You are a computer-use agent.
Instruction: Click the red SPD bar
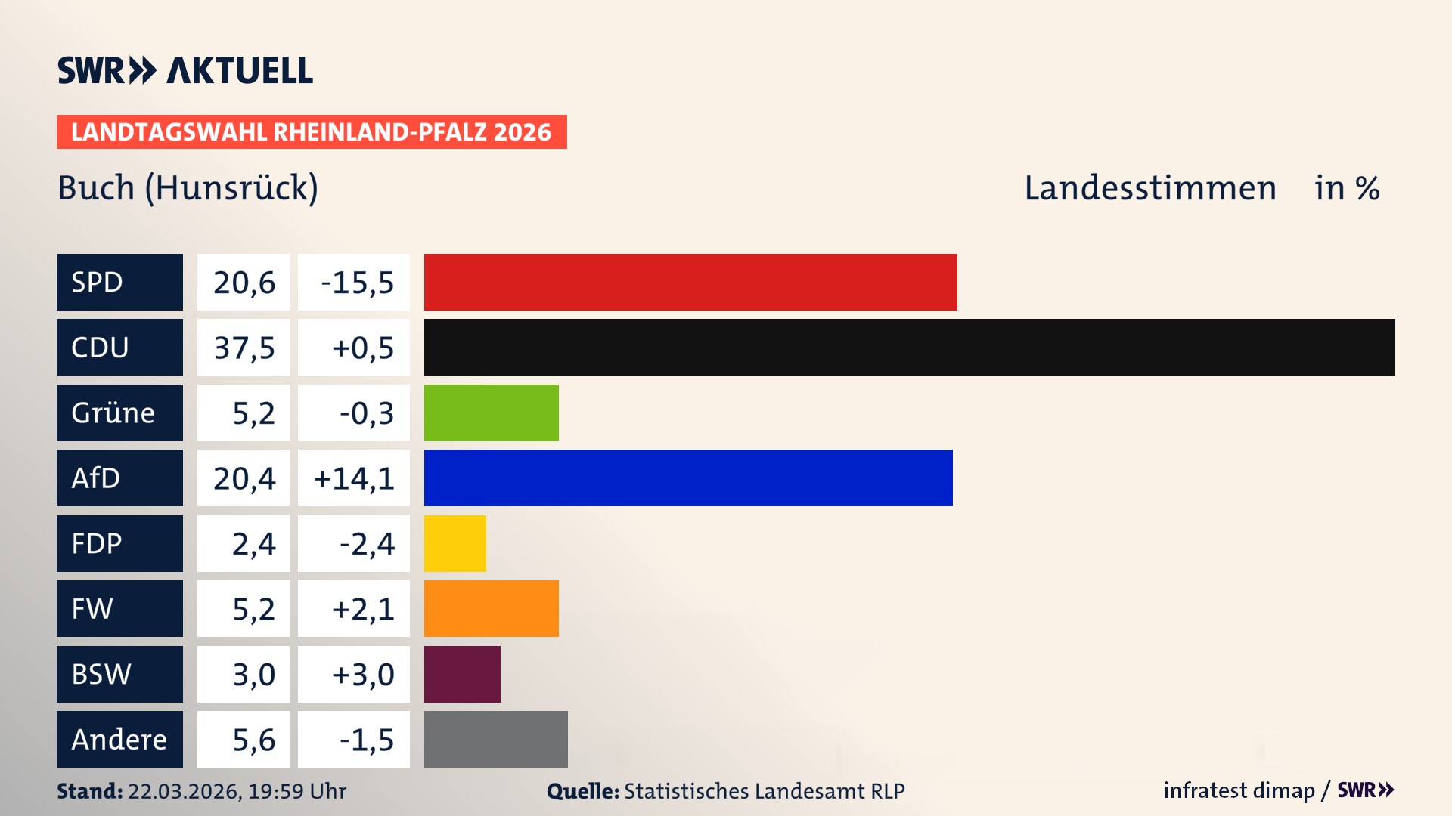[x=690, y=282]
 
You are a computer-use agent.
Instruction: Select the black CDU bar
[x=909, y=347]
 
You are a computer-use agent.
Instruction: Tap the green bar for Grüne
[x=491, y=413]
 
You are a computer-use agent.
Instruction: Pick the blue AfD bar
[x=687, y=478]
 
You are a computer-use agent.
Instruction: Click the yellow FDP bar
[x=455, y=543]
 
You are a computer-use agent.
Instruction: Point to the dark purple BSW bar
[x=462, y=674]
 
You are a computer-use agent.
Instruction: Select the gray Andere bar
[x=495, y=739]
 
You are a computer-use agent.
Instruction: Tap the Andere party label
[x=119, y=739]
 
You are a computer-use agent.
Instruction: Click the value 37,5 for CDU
[x=244, y=348]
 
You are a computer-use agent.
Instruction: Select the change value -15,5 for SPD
[x=357, y=283]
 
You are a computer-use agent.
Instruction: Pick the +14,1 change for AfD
[x=354, y=478]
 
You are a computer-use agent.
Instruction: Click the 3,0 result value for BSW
[x=253, y=674]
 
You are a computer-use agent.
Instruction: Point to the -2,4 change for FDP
[x=366, y=543]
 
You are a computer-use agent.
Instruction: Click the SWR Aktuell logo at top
[x=185, y=70]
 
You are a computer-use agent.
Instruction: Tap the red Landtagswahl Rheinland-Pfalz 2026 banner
[x=311, y=131]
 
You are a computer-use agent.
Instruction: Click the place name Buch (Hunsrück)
[x=188, y=187]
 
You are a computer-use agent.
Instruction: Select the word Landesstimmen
[x=1149, y=187]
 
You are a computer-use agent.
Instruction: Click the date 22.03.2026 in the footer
[x=183, y=791]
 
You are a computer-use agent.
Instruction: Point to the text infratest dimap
[x=1238, y=790]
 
